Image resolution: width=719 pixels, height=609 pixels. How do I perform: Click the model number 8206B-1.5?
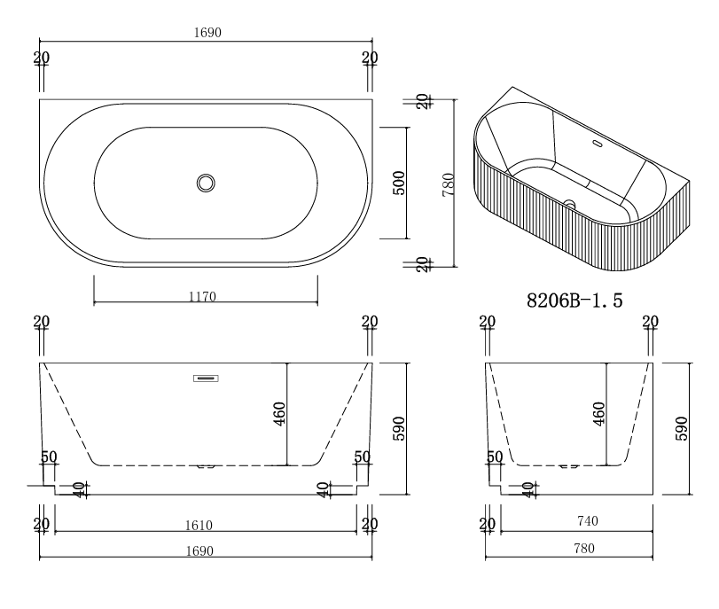[574, 301]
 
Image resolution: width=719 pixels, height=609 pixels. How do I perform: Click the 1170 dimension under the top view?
[202, 297]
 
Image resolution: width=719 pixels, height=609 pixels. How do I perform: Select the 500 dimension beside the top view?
[399, 183]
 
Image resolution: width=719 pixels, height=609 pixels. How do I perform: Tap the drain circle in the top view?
[206, 183]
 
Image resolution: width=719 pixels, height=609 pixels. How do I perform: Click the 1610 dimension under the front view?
[199, 525]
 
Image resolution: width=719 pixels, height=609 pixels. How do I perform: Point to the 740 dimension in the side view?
[588, 521]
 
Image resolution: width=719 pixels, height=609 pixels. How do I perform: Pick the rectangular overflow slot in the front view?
[206, 379]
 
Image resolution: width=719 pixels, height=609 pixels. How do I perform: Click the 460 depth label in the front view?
[279, 414]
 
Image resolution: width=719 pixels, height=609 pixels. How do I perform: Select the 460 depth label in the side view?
[598, 414]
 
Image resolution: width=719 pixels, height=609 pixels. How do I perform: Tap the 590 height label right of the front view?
[399, 428]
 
